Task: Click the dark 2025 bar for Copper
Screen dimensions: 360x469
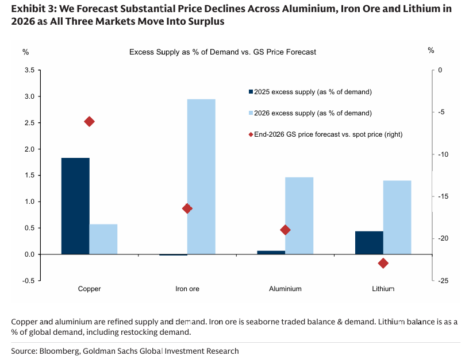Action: pyautogui.click(x=75, y=206)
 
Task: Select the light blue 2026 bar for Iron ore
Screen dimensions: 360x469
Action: pyautogui.click(x=201, y=176)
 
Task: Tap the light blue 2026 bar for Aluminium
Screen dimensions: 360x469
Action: pyautogui.click(x=299, y=215)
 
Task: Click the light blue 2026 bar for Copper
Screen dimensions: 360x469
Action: pyautogui.click(x=103, y=239)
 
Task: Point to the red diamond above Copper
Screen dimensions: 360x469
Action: pyautogui.click(x=89, y=121)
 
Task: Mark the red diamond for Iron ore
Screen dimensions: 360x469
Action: pyautogui.click(x=187, y=208)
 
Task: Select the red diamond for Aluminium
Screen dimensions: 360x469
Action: pyautogui.click(x=285, y=230)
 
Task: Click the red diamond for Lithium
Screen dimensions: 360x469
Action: pyautogui.click(x=383, y=263)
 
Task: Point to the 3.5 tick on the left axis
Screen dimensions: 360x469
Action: pyautogui.click(x=29, y=70)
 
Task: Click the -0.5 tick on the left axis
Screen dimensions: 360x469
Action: pyautogui.click(x=28, y=281)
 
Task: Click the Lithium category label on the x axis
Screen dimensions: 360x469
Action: pyautogui.click(x=383, y=289)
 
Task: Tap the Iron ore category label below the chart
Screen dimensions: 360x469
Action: pyautogui.click(x=187, y=289)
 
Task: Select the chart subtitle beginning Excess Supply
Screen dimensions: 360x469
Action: pyautogui.click(x=222, y=52)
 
